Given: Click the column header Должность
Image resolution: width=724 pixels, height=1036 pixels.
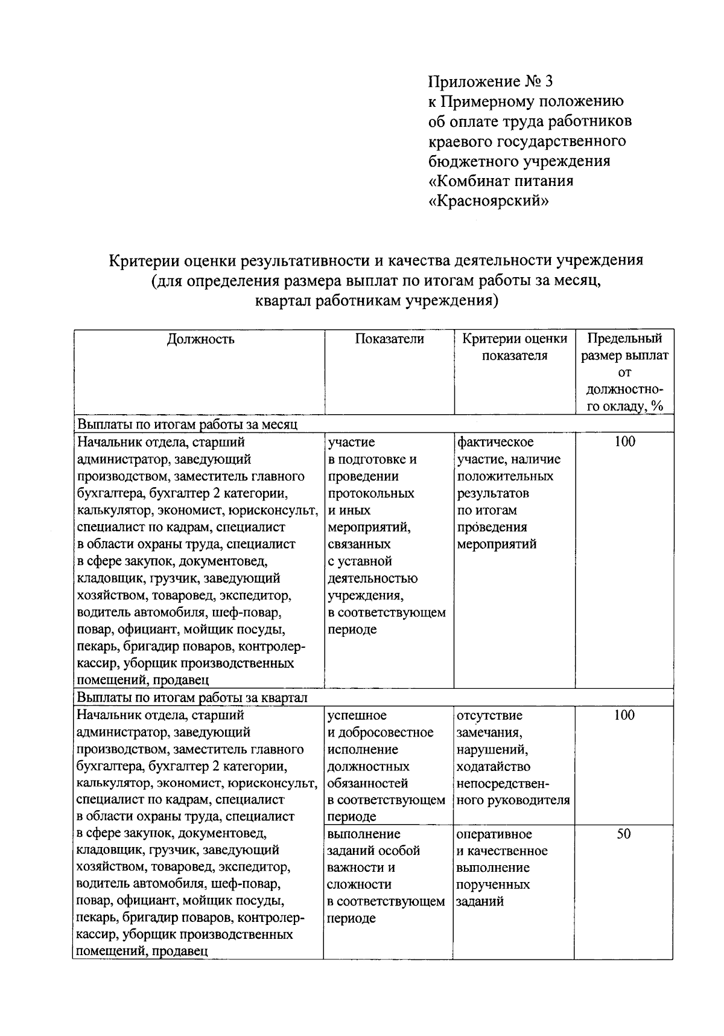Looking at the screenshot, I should point(200,339).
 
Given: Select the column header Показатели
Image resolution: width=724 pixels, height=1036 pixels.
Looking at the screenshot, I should point(389,339).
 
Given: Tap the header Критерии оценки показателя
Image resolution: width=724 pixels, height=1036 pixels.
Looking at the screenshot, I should point(515,347).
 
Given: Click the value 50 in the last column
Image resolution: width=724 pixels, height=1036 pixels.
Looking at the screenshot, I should point(624,834).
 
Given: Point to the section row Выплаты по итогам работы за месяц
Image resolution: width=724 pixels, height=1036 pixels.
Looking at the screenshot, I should point(188,424).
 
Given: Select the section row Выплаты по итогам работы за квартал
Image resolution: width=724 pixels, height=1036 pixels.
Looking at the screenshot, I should point(192,698).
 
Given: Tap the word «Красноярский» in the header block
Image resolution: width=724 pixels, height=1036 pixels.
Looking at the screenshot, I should point(489,200).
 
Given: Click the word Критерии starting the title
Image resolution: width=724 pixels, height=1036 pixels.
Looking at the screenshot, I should point(141,260).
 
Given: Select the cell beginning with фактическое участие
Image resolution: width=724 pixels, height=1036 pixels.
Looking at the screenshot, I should point(509,493).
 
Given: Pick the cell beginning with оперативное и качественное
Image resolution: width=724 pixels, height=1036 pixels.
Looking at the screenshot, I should point(502,868).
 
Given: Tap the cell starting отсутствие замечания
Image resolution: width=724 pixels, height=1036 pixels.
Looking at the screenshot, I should point(513,758).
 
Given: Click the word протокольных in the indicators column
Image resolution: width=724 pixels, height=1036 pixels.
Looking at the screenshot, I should point(371,493).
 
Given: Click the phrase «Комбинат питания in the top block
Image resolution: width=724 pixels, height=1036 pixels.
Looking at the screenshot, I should point(501,181).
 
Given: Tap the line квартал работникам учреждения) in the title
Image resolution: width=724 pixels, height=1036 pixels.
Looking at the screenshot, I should point(376,300).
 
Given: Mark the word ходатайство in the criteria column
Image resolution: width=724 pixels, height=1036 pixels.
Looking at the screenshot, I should point(494,767).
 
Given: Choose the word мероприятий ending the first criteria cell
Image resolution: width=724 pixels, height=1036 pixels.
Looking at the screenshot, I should point(497,544).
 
